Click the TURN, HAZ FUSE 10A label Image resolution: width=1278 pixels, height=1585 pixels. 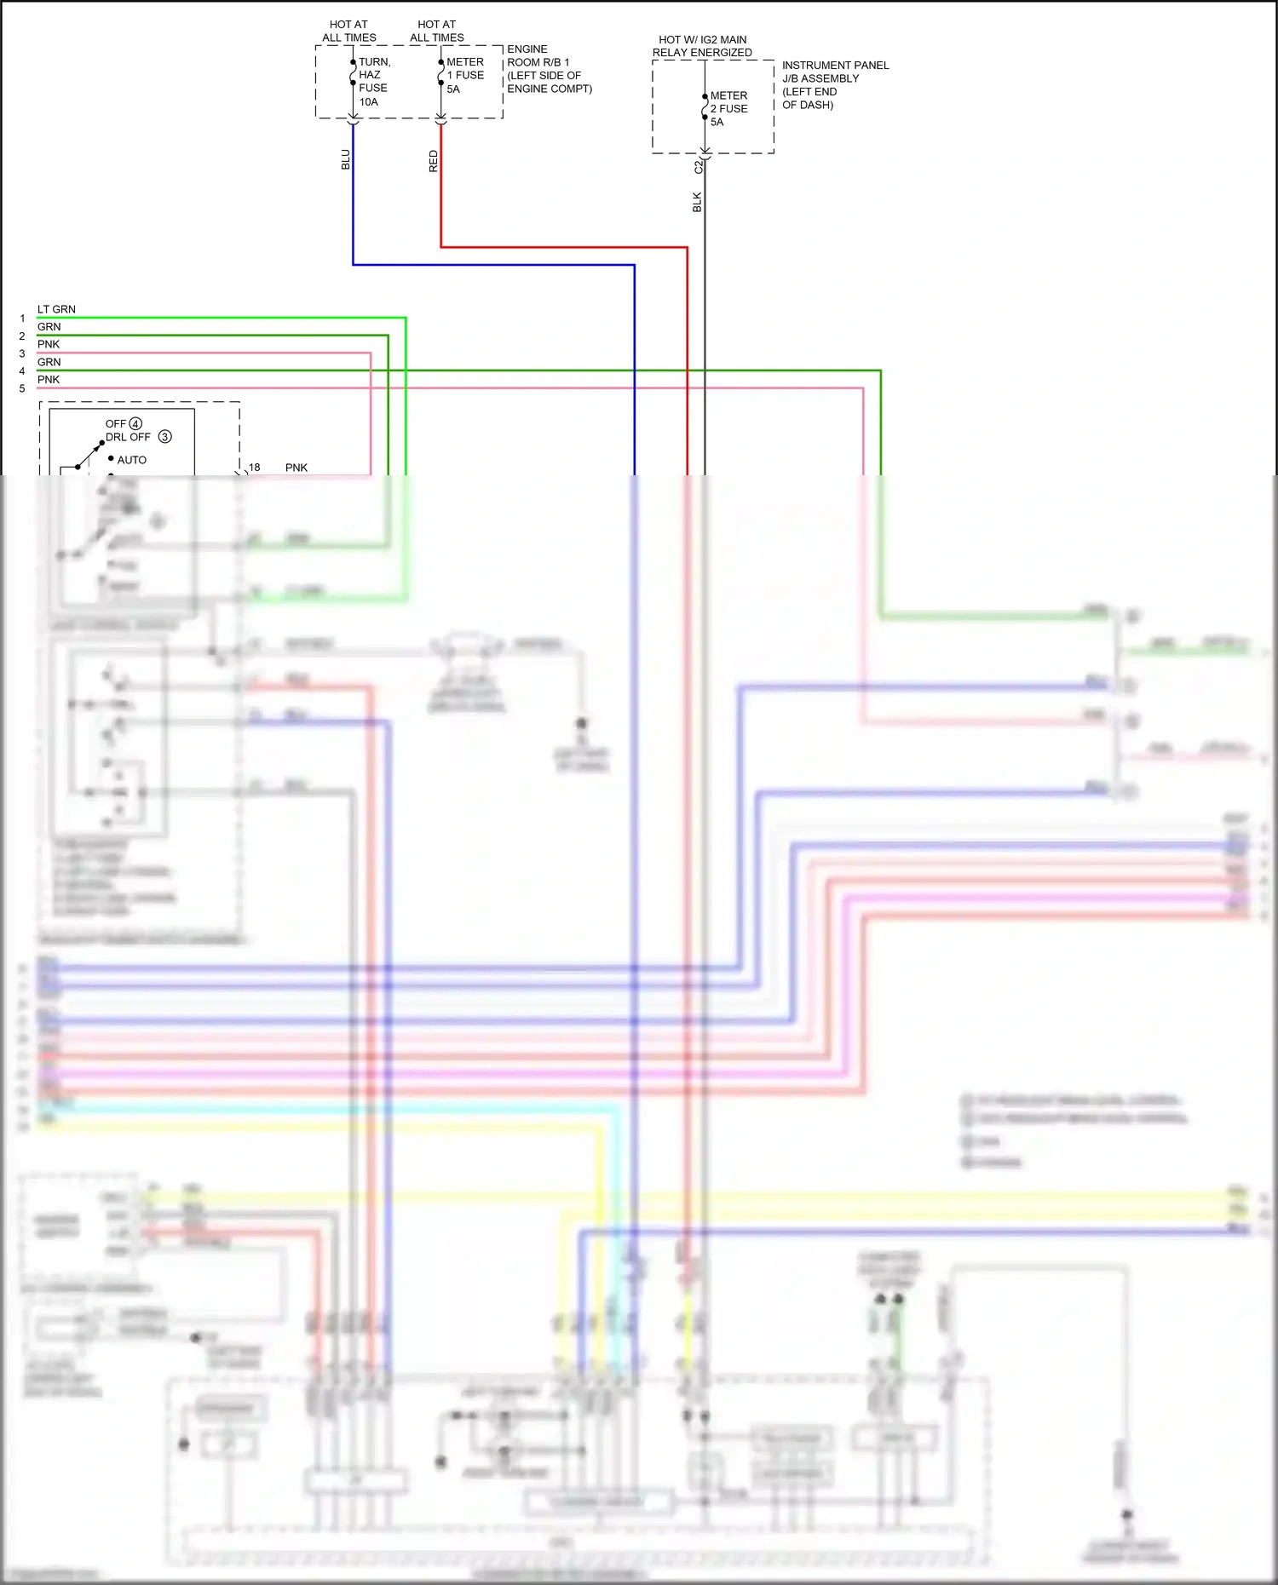(x=373, y=82)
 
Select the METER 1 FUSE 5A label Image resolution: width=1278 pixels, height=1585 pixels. (x=464, y=75)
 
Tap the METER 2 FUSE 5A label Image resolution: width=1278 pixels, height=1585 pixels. (x=728, y=108)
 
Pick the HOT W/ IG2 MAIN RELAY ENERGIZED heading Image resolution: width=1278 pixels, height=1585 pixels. (x=702, y=46)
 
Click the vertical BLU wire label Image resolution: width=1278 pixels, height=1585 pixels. (x=346, y=159)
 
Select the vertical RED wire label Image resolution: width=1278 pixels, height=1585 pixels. (x=434, y=161)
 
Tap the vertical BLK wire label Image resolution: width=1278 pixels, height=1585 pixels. (x=697, y=202)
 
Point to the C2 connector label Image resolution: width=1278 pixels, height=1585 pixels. (x=698, y=168)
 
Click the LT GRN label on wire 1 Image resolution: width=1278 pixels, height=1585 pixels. (x=56, y=309)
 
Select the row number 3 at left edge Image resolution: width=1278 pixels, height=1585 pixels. (x=22, y=353)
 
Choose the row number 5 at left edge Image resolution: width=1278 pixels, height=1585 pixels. (x=22, y=388)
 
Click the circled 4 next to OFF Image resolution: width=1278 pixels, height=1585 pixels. (x=135, y=423)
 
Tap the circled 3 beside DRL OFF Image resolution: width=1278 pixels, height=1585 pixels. (x=165, y=436)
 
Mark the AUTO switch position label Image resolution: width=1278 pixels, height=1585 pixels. (x=131, y=460)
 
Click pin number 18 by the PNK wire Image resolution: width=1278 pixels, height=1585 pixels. (x=254, y=468)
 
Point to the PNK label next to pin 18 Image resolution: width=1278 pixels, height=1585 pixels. (x=296, y=468)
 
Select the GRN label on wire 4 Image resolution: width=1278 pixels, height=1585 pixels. (x=49, y=362)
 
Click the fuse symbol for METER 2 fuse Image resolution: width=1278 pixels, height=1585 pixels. (x=705, y=107)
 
